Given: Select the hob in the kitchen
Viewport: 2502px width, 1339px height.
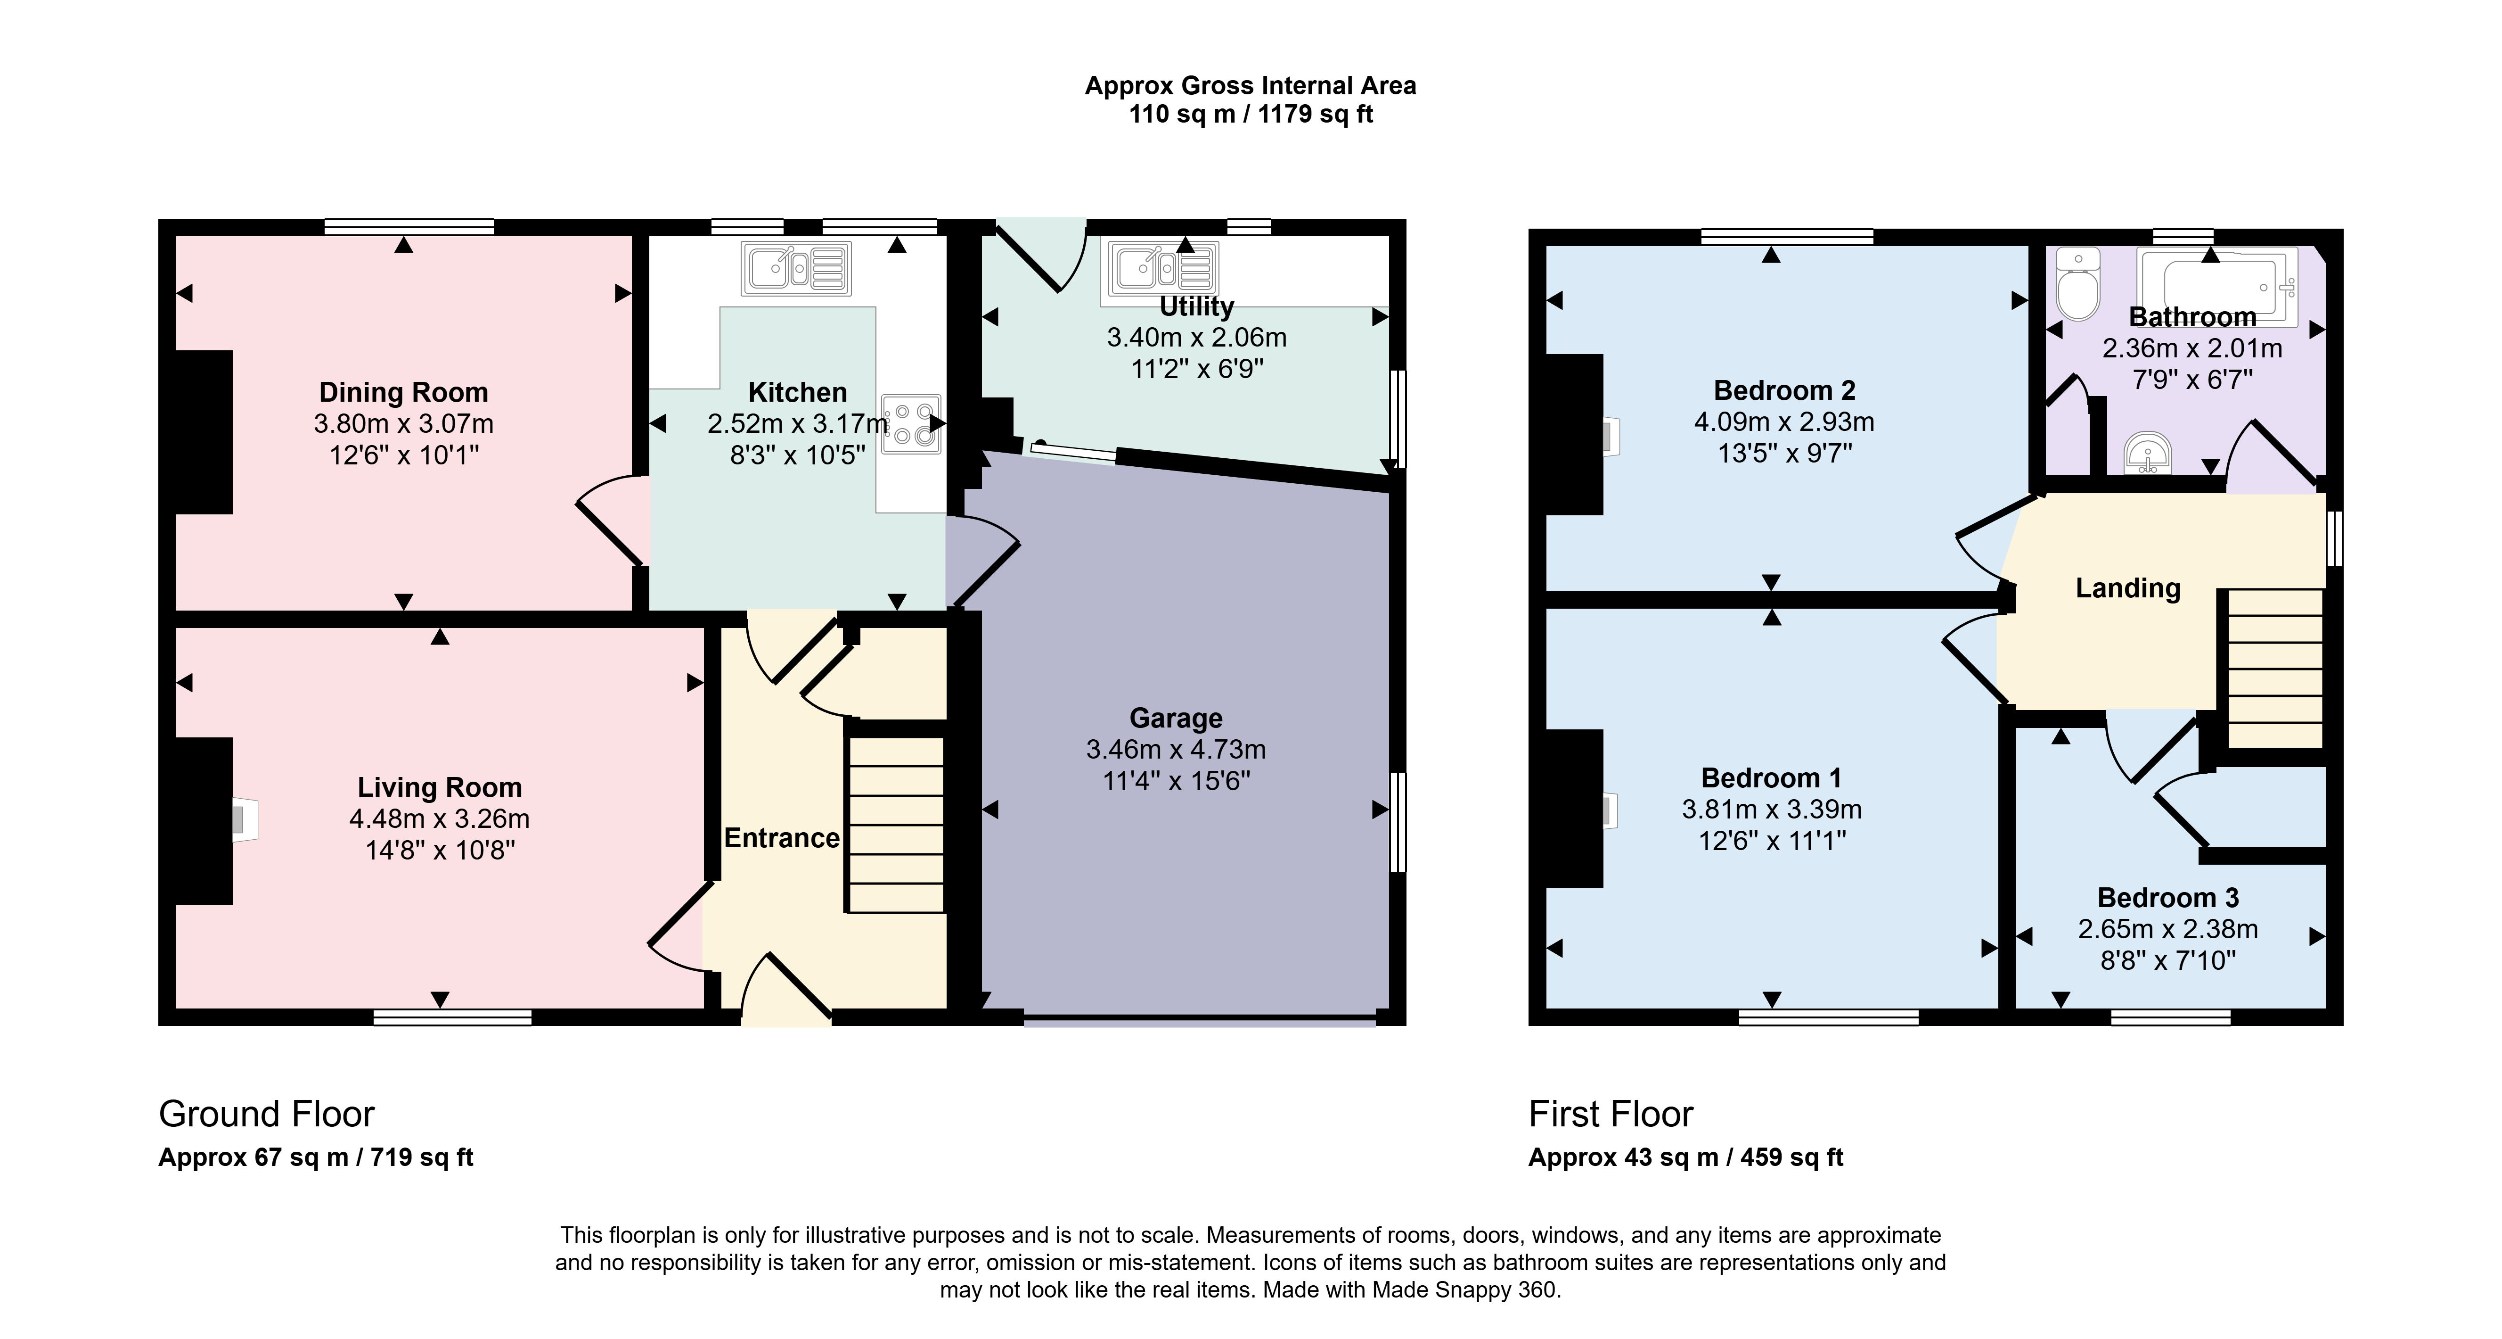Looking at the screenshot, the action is click(x=911, y=425).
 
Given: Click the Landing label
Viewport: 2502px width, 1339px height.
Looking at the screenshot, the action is click(x=2128, y=588).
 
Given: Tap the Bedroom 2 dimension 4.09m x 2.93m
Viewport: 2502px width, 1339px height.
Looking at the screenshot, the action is click(x=1784, y=422).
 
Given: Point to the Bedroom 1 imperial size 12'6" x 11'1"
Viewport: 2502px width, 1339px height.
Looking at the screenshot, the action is click(x=1772, y=841).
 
